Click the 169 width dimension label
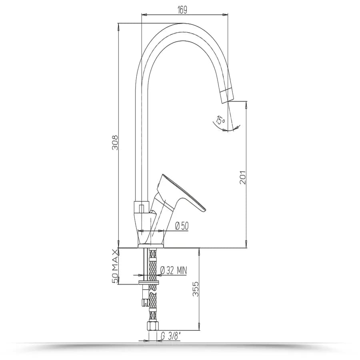click(x=182, y=10)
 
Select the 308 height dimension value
click(x=115, y=142)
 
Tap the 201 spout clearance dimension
click(x=242, y=177)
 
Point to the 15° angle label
click(x=221, y=120)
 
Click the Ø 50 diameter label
click(x=182, y=226)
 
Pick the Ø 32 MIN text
click(x=173, y=270)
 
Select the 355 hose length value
click(x=195, y=289)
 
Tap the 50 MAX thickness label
click(x=115, y=267)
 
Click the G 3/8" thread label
click(x=170, y=336)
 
